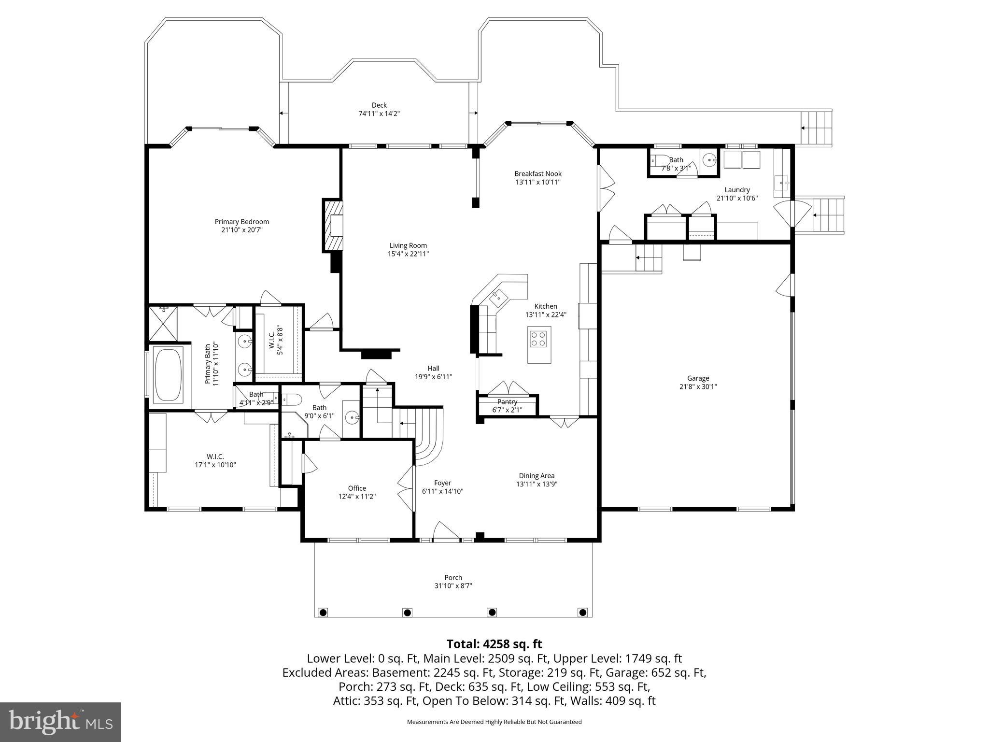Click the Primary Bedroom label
241,222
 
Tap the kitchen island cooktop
538,337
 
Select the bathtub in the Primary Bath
168,374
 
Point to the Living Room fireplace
334,225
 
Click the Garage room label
698,378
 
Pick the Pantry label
507,402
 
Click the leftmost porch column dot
323,613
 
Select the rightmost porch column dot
582,613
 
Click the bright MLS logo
60,722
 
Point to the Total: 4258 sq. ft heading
494,644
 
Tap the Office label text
357,488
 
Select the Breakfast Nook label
538,174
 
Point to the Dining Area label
537,475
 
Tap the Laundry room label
737,190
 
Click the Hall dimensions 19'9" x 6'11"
433,377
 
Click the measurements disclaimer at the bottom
494,722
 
